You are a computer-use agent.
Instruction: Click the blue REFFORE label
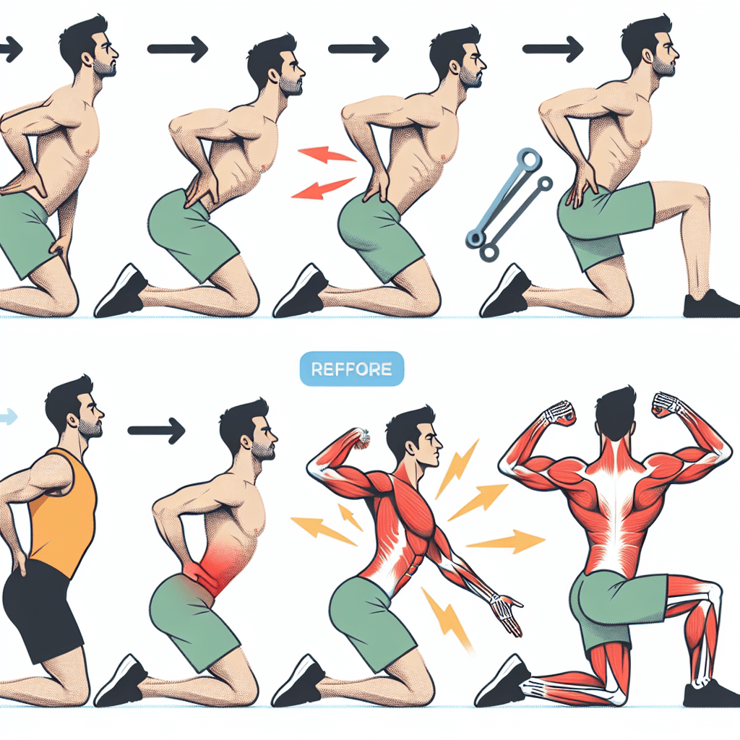[351, 369]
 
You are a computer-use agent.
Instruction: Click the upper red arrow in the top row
[326, 155]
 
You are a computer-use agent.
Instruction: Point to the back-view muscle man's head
[615, 418]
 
